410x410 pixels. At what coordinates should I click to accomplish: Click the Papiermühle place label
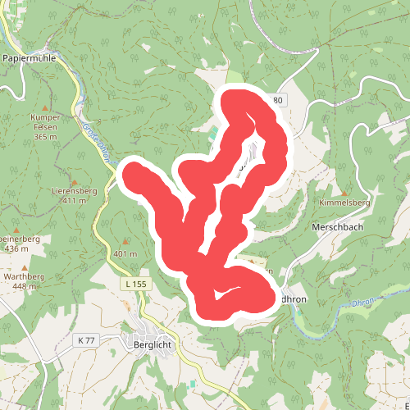[x=34, y=59]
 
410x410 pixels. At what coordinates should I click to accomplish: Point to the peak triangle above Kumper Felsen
[x=46, y=107]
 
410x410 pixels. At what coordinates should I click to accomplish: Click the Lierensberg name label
[x=74, y=190]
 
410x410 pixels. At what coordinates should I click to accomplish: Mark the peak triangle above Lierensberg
[x=75, y=181]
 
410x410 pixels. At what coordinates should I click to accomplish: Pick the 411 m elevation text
[x=74, y=201]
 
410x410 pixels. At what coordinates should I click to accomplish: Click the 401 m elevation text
[x=125, y=254]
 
